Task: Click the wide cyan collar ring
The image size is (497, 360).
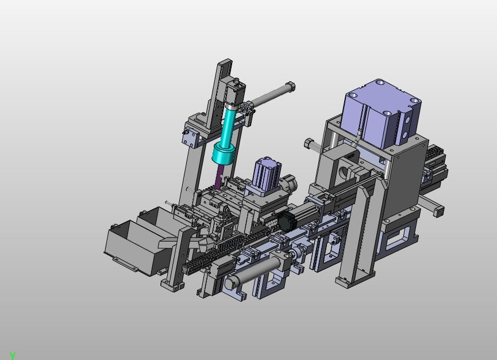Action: pos(223,153)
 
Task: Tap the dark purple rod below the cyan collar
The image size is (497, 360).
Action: pos(219,177)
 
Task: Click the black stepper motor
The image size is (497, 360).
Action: pos(287,221)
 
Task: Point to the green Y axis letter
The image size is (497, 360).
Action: pos(13,356)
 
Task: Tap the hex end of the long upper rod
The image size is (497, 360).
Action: pos(290,86)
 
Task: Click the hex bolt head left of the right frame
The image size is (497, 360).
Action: pos(309,144)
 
